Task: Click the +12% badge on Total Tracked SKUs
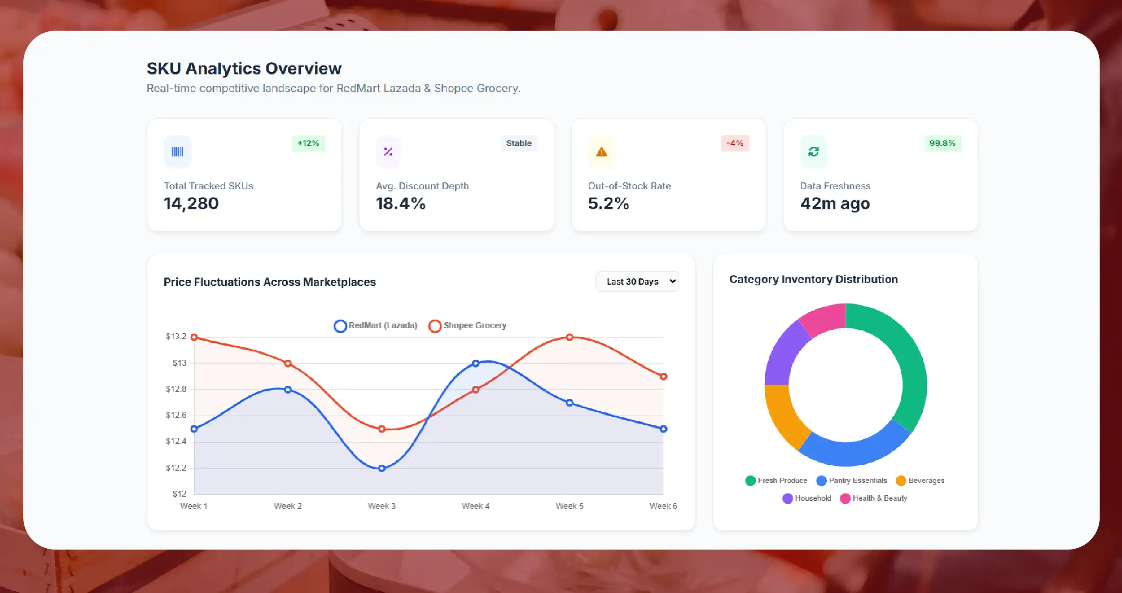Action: point(308,143)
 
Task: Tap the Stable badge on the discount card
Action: point(519,143)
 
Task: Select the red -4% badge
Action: point(735,143)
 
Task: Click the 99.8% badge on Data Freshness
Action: point(942,143)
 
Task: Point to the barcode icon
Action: point(177,152)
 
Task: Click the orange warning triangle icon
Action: point(601,152)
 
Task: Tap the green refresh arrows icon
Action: point(814,152)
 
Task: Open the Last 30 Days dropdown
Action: point(637,281)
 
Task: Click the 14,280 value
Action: point(191,203)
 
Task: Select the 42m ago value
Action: point(835,203)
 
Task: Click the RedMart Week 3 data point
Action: point(381,468)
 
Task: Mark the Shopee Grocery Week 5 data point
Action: point(570,337)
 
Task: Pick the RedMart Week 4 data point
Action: point(475,364)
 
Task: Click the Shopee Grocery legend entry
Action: point(468,325)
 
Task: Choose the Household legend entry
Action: point(807,498)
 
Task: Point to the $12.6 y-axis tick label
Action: point(176,416)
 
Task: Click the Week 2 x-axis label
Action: point(287,506)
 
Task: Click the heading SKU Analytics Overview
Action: point(244,69)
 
